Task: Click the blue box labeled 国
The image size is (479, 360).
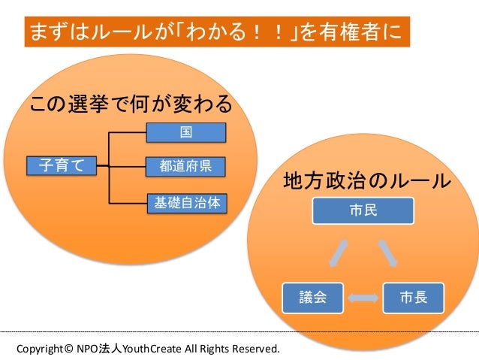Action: tap(185, 132)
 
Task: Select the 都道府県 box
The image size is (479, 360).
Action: tap(185, 165)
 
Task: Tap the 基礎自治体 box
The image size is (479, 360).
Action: tap(185, 202)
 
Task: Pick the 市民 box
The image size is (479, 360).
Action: tap(364, 210)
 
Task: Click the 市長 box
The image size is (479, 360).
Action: tap(414, 297)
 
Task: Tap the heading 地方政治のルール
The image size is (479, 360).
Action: tap(367, 181)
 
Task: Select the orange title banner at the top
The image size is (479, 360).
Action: tap(218, 32)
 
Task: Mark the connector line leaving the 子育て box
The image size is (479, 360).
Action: tap(104, 165)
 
